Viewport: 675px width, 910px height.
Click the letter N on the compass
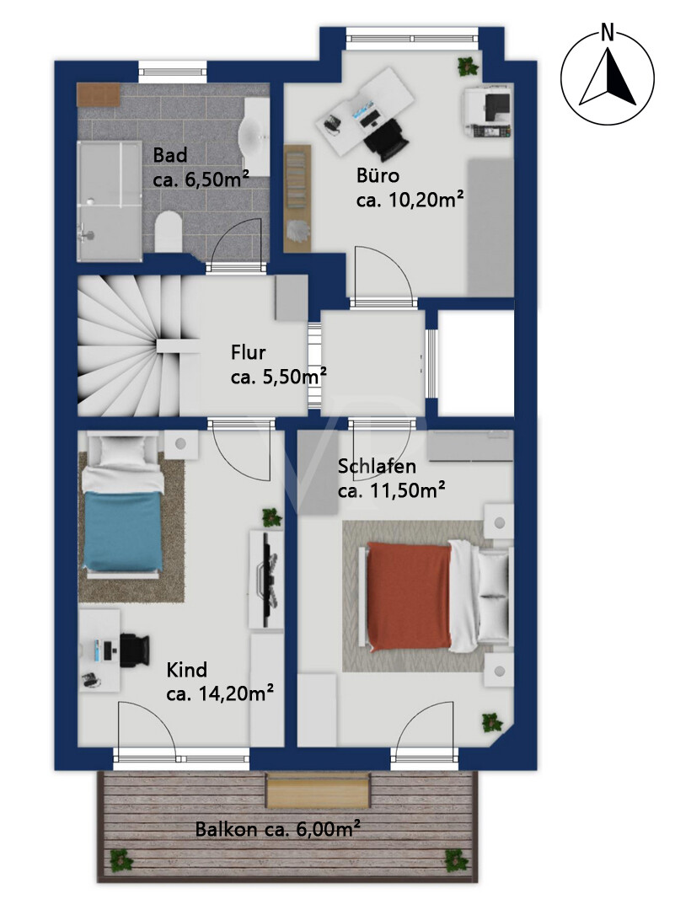607,34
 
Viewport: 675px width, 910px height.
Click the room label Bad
170,156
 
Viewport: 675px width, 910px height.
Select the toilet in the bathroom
169,232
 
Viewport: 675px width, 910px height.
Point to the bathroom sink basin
254,135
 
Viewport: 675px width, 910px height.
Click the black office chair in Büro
386,137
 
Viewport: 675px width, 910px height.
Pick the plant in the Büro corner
468,67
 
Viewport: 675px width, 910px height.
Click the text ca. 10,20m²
410,201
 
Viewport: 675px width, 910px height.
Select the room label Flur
249,352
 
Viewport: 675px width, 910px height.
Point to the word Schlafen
377,466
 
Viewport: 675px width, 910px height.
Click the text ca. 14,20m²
220,693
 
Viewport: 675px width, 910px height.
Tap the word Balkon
226,829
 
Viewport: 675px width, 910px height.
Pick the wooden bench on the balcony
318,790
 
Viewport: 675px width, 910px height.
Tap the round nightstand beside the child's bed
180,444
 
